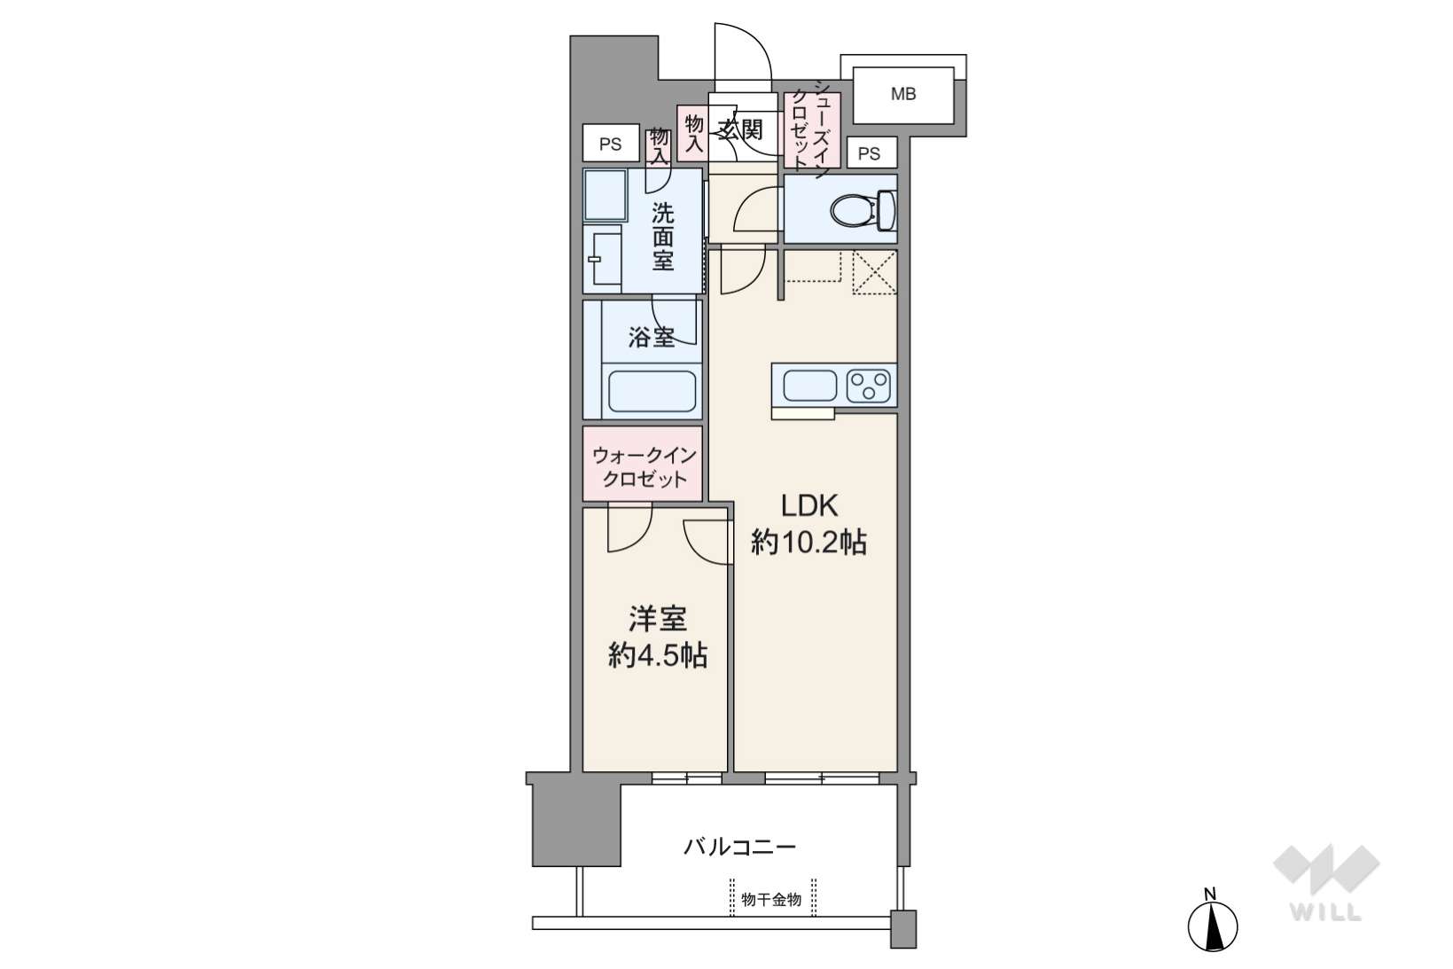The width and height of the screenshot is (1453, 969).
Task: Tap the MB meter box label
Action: (x=903, y=94)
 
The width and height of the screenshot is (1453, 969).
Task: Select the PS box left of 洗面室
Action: (x=611, y=144)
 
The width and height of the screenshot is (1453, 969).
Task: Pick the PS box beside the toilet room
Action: (x=871, y=153)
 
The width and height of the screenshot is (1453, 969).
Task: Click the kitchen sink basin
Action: (x=809, y=386)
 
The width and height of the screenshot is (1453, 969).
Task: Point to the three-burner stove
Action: (x=869, y=386)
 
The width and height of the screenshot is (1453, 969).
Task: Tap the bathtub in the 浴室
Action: (x=652, y=391)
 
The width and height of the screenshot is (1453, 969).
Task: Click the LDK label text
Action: (x=809, y=505)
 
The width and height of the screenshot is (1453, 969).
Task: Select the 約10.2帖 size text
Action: (x=809, y=542)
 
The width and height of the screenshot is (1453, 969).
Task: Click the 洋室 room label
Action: (x=657, y=619)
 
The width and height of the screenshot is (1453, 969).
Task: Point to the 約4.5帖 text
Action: (x=657, y=656)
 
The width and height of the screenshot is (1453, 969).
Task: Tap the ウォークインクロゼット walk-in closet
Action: (x=642, y=463)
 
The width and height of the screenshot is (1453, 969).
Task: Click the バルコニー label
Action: (x=739, y=847)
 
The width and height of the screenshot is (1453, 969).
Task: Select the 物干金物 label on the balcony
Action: (x=771, y=900)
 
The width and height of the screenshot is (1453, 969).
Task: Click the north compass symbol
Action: (x=1213, y=926)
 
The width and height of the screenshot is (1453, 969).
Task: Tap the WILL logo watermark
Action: (x=1326, y=883)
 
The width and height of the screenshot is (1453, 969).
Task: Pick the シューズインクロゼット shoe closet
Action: (x=812, y=129)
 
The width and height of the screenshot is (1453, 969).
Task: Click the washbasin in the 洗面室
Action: (x=603, y=259)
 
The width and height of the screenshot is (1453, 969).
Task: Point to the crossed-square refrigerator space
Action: (x=874, y=272)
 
